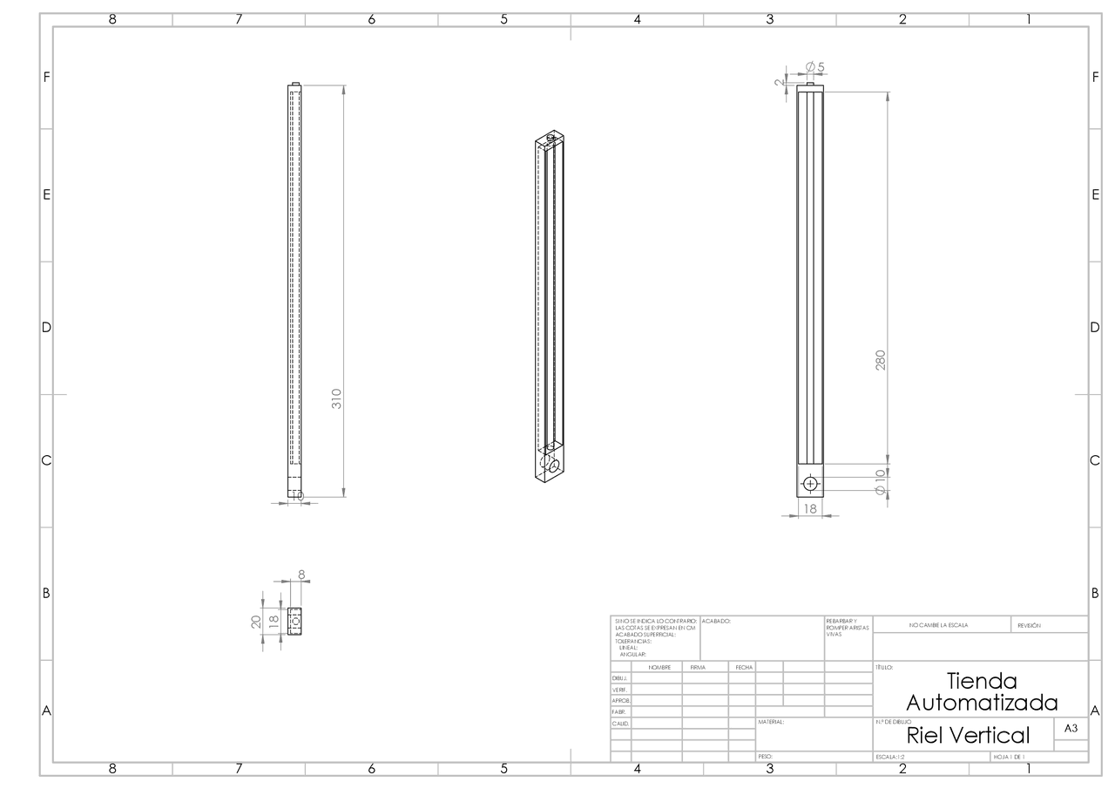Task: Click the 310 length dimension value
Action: click(x=337, y=398)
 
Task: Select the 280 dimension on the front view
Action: click(x=880, y=360)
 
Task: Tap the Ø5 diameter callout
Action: click(x=814, y=67)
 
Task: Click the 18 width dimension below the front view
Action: click(x=809, y=507)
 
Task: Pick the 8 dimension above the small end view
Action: click(x=302, y=575)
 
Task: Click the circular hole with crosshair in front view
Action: click(x=810, y=483)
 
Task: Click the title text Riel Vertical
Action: click(x=968, y=735)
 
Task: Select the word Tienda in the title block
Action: click(x=982, y=681)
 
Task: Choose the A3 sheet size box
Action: click(x=1071, y=728)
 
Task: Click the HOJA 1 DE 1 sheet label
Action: click(x=1009, y=757)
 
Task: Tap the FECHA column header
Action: click(x=743, y=667)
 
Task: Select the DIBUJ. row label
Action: click(x=619, y=677)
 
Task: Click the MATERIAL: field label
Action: click(x=772, y=722)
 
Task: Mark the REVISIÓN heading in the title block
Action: click(x=1035, y=625)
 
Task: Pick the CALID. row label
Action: click(x=619, y=723)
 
